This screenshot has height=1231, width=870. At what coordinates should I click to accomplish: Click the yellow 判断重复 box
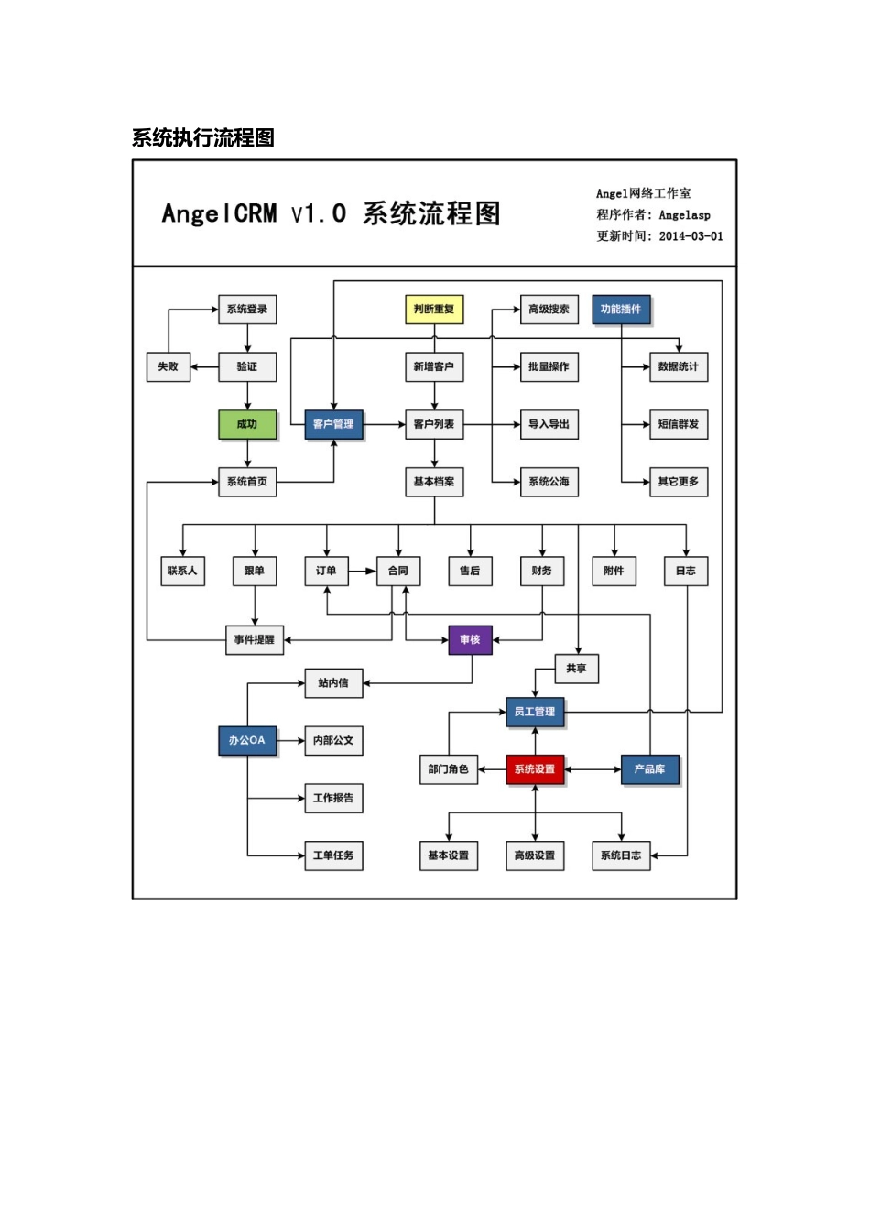tap(434, 310)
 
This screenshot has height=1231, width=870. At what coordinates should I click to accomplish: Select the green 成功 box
tap(247, 424)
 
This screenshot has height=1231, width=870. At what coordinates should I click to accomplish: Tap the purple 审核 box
tap(470, 639)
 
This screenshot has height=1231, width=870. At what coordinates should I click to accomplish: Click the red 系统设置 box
tap(535, 769)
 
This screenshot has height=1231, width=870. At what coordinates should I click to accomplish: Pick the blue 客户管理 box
tap(333, 424)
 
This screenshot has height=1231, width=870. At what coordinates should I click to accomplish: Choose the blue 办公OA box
tap(247, 740)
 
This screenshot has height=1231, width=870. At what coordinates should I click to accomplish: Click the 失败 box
tap(169, 366)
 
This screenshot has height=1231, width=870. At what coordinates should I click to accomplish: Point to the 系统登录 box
tap(247, 310)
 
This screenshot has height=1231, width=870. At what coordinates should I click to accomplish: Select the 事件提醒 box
tap(255, 639)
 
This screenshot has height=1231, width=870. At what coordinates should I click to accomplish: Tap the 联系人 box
tap(182, 571)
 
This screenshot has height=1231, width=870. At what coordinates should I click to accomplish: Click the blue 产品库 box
tap(650, 769)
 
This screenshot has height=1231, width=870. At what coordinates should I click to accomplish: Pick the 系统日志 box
tap(621, 855)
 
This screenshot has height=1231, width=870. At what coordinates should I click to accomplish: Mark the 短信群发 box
tap(679, 424)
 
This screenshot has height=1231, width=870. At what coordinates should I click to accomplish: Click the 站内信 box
tap(333, 682)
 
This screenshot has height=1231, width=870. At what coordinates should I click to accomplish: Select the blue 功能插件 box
tap(621, 310)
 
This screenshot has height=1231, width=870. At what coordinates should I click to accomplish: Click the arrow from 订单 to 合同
tap(363, 571)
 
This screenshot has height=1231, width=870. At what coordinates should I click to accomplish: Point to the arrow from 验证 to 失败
tap(204, 366)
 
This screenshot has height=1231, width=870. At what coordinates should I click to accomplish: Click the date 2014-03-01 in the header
tap(691, 236)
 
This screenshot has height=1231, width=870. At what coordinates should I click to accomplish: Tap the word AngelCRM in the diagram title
tap(219, 214)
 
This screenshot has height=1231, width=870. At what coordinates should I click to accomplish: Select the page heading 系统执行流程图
tap(203, 138)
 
